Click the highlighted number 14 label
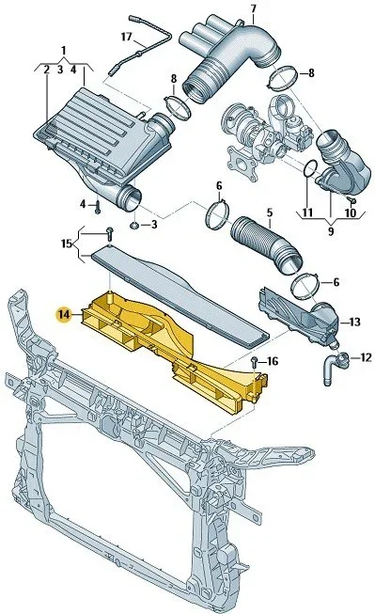click(63, 314)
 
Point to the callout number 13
click(354, 322)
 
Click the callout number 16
click(273, 361)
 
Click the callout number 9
click(330, 228)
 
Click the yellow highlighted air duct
click(179, 353)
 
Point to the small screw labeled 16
click(254, 360)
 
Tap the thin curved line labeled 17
click(150, 47)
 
